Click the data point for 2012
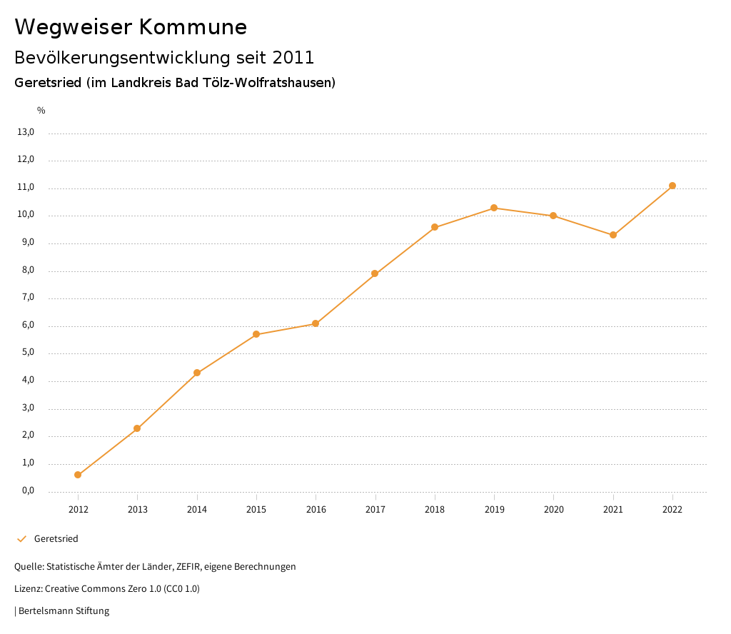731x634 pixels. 78,475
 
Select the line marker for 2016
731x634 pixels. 316,323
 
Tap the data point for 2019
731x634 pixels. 494,208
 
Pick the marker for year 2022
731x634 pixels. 672,186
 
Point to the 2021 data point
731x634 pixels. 613,235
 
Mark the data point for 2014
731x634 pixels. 197,373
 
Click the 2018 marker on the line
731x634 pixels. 435,227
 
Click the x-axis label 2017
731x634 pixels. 375,509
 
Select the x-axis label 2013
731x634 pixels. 138,509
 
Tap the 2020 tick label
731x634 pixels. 554,509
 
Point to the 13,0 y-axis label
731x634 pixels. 26,132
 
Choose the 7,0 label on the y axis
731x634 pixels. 27,298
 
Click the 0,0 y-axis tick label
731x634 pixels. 27,490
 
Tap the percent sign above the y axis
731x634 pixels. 41,111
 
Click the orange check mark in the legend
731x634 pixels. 21,539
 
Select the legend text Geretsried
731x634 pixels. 56,539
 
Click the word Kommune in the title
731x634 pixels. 193,27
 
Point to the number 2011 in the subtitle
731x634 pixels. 293,57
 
